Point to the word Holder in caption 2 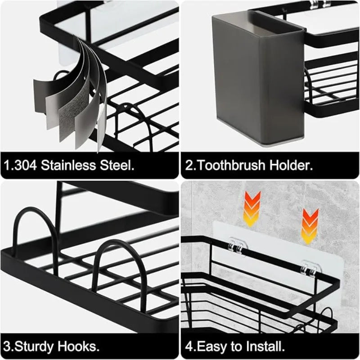coord(291,165)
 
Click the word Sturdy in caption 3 coord(42,346)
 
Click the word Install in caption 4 coord(265,346)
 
